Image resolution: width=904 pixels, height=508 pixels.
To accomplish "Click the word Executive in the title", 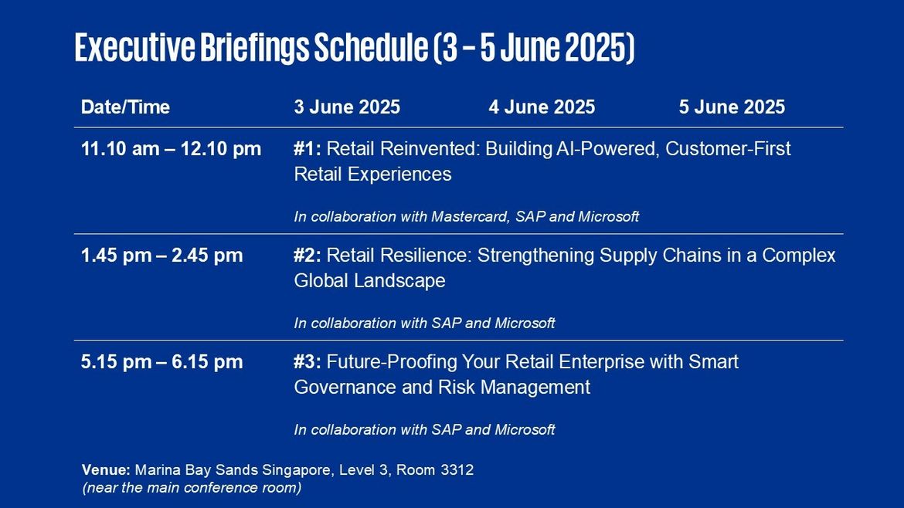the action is point(135,47).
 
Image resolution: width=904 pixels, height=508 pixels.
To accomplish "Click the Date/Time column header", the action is point(125,107).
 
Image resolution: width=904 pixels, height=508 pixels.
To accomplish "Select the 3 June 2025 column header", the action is point(347,107).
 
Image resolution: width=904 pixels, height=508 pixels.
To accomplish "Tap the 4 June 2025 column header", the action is point(542,107).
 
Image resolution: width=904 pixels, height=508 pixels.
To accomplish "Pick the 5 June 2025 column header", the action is point(732,107).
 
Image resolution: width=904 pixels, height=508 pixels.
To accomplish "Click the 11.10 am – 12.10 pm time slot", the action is point(172,149).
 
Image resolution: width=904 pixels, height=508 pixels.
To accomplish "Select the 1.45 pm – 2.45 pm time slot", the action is point(162,256).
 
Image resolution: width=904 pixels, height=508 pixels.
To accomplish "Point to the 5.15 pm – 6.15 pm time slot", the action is point(162,362).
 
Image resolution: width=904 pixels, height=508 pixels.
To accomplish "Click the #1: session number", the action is point(308,149).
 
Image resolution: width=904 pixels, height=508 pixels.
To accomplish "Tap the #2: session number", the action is point(308,256).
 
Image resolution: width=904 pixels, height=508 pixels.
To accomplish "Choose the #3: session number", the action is point(308,362).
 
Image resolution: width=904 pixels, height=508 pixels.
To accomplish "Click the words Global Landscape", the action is point(369,281).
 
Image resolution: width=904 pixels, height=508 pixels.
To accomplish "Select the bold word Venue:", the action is point(106,470).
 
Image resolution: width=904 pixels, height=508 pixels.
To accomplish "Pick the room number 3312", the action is point(457,470).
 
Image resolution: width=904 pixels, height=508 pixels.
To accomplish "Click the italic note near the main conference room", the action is point(192,488).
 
